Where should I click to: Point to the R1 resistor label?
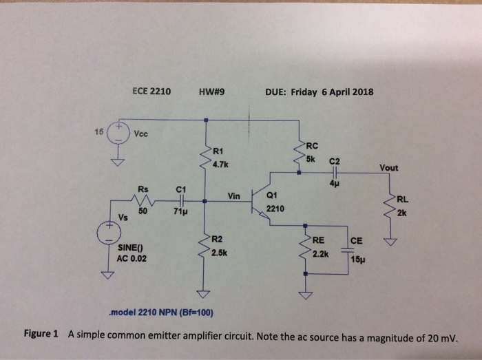tap(218, 151)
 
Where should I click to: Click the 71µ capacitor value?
tap(180, 213)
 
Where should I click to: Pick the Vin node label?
tap(233, 197)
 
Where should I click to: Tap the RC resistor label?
tap(313, 145)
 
